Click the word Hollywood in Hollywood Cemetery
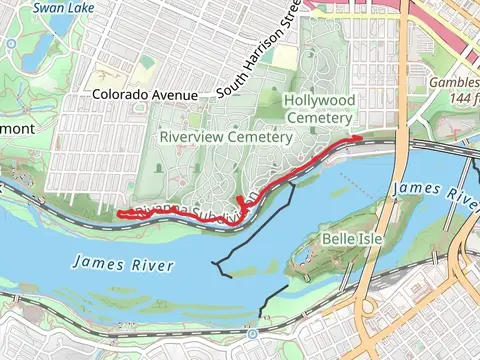pos(319,100)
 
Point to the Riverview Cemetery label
pos(208,135)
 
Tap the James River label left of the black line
pos(123,265)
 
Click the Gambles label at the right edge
pos(455,83)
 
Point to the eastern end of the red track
pos(359,137)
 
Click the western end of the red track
pos(119,213)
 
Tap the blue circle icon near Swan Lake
pos(9,44)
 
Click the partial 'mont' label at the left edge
pos(17,129)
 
